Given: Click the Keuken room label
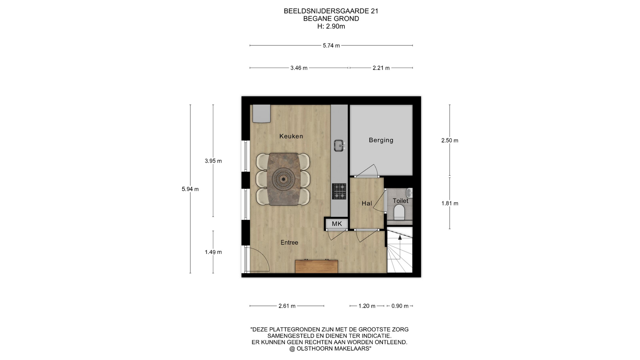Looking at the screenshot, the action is point(291,136).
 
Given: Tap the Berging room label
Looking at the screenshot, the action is point(381,140).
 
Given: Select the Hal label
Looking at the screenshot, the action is point(367,203).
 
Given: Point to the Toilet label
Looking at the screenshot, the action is point(400,201).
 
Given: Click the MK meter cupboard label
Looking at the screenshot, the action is point(337,224).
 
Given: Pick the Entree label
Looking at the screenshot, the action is point(289,242).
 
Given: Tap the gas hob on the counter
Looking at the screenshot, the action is point(339,191).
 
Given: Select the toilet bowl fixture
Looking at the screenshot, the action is point(399,212).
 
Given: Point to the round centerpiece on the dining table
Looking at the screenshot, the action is point(283,179).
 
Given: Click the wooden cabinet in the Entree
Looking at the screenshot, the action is point(317,266).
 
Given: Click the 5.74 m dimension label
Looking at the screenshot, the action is point(331,45).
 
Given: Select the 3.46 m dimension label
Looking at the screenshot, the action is point(299,68).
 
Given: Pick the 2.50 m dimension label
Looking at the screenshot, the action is point(450,140).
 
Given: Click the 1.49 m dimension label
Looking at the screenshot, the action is point(213,252).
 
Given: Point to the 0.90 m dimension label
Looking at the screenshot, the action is point(400,306).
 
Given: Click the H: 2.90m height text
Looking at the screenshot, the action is point(331,26).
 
